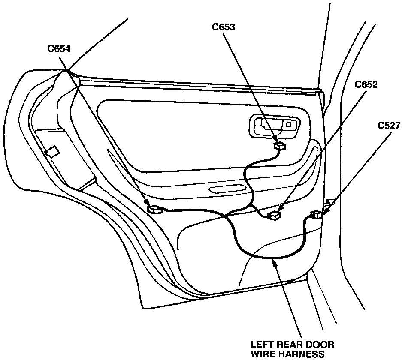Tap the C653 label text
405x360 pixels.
pos(224,27)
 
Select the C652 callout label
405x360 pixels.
pos(366,84)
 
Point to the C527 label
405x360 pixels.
pos(389,125)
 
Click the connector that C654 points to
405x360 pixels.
pos(154,209)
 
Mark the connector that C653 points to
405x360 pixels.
pos(280,146)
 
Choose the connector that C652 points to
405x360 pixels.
pos(273,215)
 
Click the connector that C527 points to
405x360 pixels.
pos(317,215)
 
